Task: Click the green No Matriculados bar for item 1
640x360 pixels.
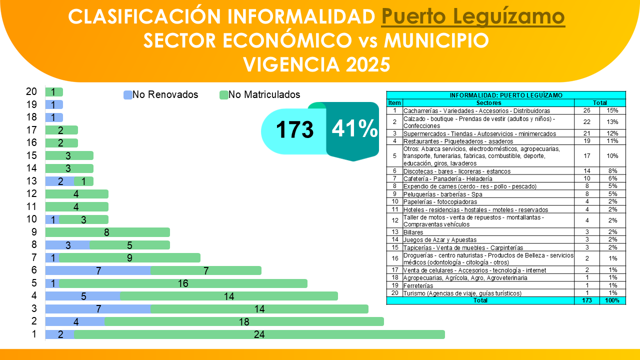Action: tap(259, 334)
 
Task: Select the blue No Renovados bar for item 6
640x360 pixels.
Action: tap(98, 270)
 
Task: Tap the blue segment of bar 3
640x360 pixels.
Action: tap(98, 309)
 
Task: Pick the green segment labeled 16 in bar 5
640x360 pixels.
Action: tap(183, 283)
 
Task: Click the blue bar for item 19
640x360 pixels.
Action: tap(54, 104)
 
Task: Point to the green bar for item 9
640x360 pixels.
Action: tap(107, 232)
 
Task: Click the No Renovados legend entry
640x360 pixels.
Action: tap(161, 94)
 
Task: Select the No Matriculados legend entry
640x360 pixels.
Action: tap(260, 94)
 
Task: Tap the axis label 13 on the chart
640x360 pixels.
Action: tap(31, 181)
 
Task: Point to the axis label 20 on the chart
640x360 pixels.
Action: tap(31, 91)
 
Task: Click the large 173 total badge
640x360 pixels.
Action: tap(294, 130)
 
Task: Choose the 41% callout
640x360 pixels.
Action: tap(354, 129)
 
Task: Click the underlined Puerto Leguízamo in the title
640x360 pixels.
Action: tap(473, 17)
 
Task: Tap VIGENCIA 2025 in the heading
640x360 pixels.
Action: tap(316, 64)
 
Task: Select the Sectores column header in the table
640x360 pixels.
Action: tap(489, 102)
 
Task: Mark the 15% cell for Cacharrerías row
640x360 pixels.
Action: tap(612, 110)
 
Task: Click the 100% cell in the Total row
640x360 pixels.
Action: tap(612, 300)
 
